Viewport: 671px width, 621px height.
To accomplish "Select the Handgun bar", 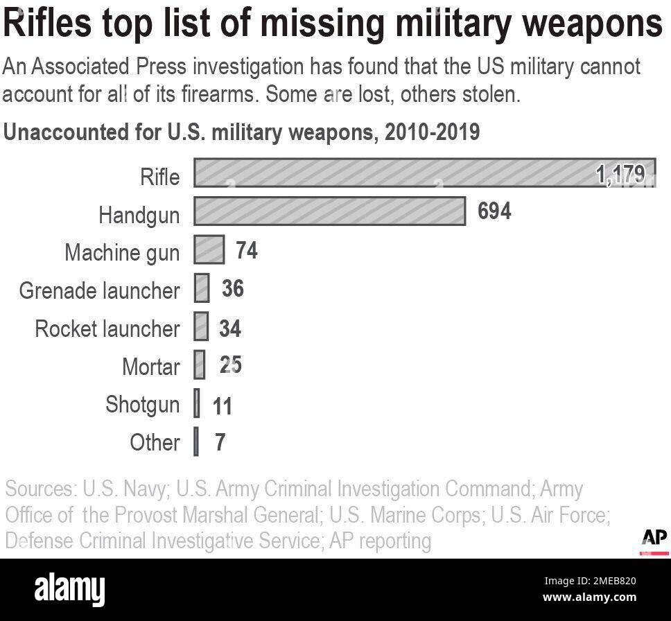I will (329, 211).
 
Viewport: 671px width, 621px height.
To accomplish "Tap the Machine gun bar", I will (209, 250).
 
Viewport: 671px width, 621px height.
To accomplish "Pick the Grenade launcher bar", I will (202, 288).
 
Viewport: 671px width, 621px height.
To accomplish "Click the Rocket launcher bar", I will (201, 326).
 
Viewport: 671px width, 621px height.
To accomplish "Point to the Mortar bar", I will (200, 365).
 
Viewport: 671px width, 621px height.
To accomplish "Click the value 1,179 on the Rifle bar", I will (620, 175).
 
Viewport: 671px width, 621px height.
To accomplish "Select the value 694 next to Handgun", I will (494, 211).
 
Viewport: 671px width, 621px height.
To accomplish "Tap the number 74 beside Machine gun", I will (246, 250).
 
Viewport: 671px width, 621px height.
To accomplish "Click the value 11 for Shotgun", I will (222, 405).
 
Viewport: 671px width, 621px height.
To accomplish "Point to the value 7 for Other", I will (220, 443).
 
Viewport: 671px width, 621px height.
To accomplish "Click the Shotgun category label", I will (142, 404).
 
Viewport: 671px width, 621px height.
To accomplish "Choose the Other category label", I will (155, 442).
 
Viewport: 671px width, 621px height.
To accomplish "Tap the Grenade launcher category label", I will (99, 290).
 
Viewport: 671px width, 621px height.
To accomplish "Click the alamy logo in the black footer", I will (69, 589).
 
